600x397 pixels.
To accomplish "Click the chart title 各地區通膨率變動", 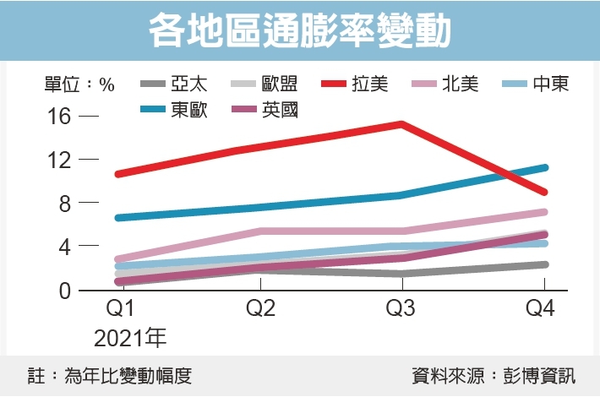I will tap(300, 31).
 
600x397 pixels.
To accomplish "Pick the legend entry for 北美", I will tap(461, 84).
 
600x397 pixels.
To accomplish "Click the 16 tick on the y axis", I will tap(58, 116).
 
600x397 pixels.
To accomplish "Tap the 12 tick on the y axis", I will tap(58, 160).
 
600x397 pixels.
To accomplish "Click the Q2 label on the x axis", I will tap(261, 308).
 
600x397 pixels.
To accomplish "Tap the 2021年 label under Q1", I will tap(130, 339).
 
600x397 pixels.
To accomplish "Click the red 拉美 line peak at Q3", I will tap(401, 124).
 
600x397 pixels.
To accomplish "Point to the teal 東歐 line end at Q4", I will tap(545, 167).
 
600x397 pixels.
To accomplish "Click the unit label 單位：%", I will tap(79, 84).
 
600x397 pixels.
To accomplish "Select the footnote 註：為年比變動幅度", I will tap(109, 376).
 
